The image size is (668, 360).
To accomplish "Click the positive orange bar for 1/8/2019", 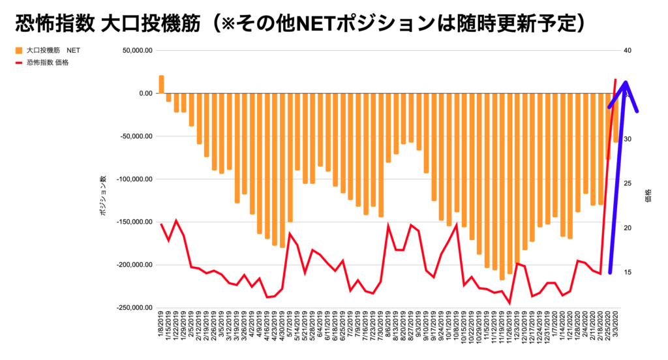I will point(161,84).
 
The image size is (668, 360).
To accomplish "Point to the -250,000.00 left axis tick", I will point(135,308).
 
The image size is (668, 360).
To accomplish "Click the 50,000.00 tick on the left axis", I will point(137,50).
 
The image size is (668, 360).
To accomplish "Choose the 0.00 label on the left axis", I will point(144,93).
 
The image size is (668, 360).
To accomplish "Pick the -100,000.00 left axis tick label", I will point(135,179).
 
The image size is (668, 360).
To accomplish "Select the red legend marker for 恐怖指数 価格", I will point(18,63).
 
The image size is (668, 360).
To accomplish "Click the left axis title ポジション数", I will point(104,196).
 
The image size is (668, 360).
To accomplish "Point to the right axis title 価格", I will point(648,195).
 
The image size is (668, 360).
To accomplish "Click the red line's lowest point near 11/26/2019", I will point(509,303).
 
